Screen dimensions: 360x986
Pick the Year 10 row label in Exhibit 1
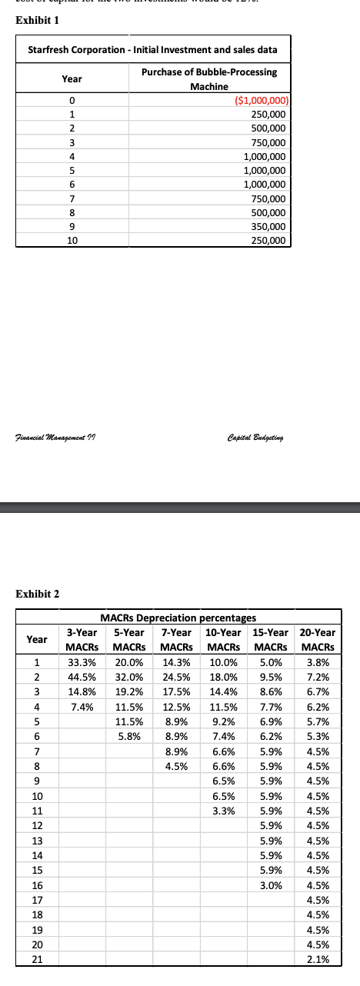(71, 241)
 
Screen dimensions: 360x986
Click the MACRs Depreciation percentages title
(179, 617)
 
